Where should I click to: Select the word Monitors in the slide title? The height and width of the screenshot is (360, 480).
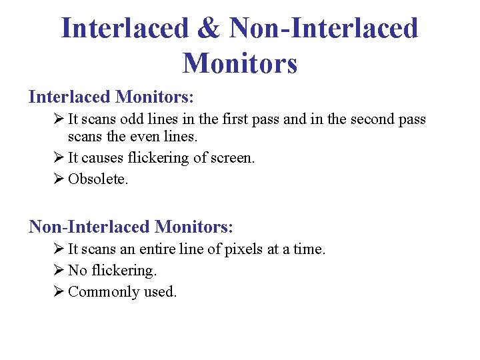(239, 63)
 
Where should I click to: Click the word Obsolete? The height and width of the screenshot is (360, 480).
(97, 179)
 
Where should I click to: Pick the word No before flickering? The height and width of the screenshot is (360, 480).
(78, 271)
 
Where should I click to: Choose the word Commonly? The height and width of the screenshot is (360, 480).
(103, 292)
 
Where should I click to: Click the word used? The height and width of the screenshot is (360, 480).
(160, 292)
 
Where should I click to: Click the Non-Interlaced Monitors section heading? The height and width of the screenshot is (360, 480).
(131, 227)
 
